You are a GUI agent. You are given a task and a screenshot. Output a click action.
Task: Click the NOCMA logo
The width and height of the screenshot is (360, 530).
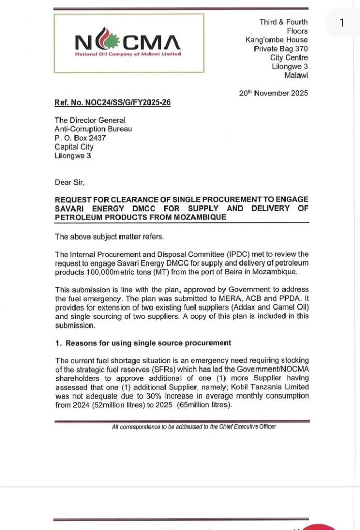[128, 42]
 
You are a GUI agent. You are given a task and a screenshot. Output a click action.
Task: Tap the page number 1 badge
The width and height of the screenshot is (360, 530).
[341, 23]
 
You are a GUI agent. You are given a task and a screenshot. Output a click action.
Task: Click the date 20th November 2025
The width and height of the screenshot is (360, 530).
[273, 93]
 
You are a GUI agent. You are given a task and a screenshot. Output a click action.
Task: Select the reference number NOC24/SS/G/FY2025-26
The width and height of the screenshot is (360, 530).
[112, 102]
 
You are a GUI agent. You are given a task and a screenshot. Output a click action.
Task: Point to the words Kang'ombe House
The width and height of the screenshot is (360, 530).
[276, 40]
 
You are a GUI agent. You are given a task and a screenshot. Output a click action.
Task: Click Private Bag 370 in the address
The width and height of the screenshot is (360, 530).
[280, 49]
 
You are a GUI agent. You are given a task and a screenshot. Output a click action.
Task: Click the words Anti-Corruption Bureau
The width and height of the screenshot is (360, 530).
[93, 129]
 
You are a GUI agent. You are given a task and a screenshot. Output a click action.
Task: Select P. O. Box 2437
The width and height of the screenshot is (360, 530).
[80, 138]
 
